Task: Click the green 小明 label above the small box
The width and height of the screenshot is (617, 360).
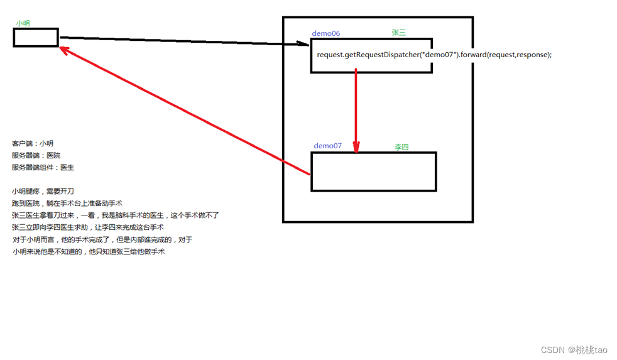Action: coord(23,23)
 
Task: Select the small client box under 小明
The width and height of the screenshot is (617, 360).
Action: coord(36,38)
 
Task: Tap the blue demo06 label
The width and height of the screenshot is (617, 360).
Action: coord(326,33)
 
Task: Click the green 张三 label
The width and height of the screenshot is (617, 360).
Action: coord(398,33)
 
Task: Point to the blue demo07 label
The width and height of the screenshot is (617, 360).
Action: coord(328,146)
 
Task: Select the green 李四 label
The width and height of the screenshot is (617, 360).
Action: coord(401,147)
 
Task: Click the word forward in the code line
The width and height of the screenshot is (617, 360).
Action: coord(473,55)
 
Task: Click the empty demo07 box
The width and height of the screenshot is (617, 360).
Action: coord(374,172)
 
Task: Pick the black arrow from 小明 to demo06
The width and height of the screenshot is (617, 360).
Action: coord(182,41)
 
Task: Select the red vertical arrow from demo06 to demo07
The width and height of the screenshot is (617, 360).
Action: coord(356,110)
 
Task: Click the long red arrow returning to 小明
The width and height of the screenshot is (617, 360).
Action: coord(182,110)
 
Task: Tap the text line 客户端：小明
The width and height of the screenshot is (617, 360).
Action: coord(33,144)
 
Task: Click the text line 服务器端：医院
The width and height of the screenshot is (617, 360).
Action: coord(36,156)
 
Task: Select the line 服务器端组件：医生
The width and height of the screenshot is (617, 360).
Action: coord(43,168)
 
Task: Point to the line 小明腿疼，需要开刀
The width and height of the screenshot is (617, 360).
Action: coord(43,191)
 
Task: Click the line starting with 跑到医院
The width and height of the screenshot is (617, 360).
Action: coord(67,203)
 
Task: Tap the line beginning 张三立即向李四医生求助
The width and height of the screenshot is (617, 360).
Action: coord(87,227)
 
